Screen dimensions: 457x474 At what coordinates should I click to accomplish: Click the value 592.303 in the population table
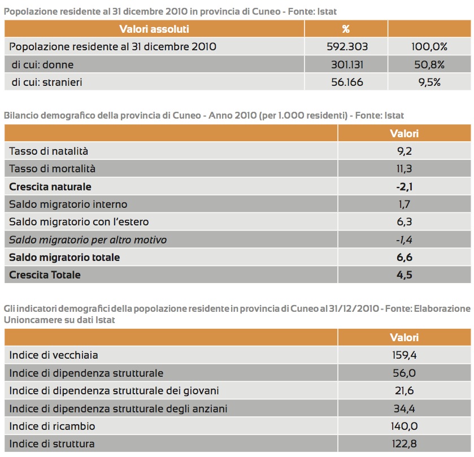point(346,47)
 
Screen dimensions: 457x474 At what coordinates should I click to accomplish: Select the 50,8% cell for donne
point(429,64)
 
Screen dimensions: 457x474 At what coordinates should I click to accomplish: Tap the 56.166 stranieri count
point(346,82)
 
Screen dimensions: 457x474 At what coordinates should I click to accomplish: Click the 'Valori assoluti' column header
point(154,29)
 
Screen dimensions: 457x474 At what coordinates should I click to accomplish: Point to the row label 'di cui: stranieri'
point(47,82)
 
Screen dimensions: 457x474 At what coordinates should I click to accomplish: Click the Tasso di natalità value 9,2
point(404,151)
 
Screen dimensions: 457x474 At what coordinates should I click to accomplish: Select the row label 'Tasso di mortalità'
point(53,168)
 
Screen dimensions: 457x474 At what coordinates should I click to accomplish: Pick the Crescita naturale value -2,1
point(404,186)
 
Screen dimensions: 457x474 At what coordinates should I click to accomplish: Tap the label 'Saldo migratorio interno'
point(68,204)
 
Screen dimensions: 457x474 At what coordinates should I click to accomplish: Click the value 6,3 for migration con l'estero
point(404,221)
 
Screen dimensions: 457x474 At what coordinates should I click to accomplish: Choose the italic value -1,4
point(404,240)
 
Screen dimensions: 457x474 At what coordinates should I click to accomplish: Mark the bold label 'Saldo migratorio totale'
point(65,257)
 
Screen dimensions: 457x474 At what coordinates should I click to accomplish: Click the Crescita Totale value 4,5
point(404,275)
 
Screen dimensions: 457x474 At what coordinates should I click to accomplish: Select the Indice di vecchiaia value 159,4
point(404,355)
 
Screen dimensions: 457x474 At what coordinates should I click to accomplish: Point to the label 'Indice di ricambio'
point(53,426)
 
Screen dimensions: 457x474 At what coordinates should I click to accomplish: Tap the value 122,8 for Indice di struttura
point(404,443)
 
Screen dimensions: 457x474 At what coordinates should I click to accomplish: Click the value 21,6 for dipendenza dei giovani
point(404,390)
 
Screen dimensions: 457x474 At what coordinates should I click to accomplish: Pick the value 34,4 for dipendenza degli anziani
point(404,408)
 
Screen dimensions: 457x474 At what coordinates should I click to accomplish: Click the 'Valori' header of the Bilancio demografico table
point(404,134)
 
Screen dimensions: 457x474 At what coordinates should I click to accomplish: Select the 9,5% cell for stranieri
point(429,82)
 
